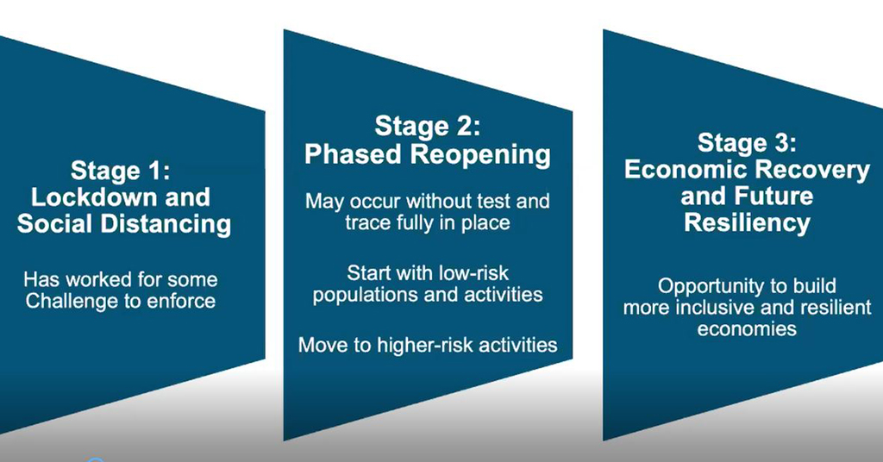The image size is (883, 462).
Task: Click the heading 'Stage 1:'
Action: coord(121,171)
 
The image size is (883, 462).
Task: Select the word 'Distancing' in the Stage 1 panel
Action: coord(166,224)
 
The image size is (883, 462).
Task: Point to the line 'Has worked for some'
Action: coord(121,279)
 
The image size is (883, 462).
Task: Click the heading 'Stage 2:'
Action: coord(428,126)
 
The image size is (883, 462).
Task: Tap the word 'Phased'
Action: coord(353,153)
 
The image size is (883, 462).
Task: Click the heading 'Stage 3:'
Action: coord(747,142)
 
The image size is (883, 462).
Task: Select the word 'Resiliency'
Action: coord(747,223)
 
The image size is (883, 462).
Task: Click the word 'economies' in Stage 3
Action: coord(747,328)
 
